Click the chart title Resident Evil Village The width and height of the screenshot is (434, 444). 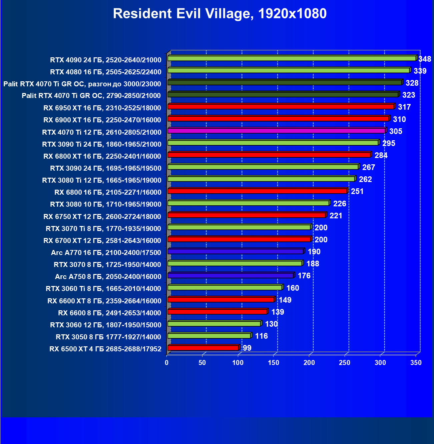[x=220, y=14]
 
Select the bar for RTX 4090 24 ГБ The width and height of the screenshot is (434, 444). [x=292, y=58]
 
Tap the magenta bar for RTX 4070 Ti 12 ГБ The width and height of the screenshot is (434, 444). [x=277, y=131]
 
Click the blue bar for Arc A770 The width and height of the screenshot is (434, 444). [x=236, y=251]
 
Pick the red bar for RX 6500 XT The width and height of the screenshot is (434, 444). [x=203, y=348]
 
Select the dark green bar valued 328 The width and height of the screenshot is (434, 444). [x=285, y=82]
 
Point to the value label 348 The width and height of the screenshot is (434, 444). [x=425, y=59]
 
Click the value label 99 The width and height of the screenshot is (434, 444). [x=247, y=348]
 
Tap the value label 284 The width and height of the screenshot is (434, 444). [x=381, y=155]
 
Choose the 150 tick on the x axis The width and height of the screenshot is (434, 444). [x=274, y=363]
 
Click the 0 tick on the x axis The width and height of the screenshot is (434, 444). [x=167, y=363]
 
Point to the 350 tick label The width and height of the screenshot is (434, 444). [x=416, y=363]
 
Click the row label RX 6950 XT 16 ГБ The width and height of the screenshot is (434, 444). [x=102, y=108]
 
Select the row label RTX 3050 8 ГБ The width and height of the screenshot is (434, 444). [x=108, y=337]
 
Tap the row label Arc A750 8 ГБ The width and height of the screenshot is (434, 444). [x=108, y=277]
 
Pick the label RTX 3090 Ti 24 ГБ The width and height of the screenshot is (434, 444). [x=101, y=144]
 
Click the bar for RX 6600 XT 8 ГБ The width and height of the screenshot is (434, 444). [x=221, y=300]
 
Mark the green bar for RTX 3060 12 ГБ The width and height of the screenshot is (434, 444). [x=214, y=324]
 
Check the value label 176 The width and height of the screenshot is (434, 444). [x=304, y=276]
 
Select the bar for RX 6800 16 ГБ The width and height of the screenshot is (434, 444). [x=257, y=191]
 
